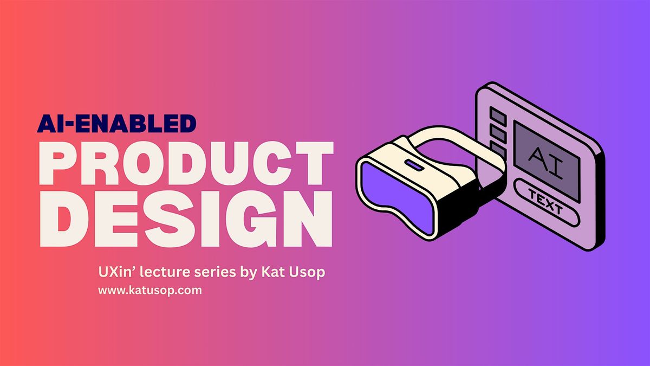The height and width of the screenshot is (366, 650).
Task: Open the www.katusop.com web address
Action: pyautogui.click(x=149, y=290)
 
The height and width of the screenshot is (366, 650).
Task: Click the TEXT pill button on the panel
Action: pyautogui.click(x=544, y=202)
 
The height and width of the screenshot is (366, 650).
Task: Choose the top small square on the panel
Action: pyautogui.click(x=497, y=115)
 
